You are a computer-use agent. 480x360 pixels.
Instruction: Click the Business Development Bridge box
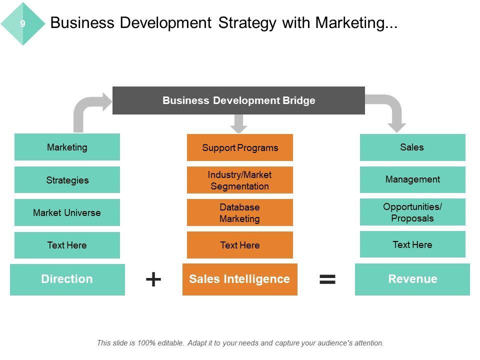(x=238, y=100)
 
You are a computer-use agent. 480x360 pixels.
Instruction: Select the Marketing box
(x=67, y=147)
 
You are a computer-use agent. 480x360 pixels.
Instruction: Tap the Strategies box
(x=67, y=180)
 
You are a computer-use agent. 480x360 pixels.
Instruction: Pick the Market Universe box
(x=67, y=212)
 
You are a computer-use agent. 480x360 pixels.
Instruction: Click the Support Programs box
(x=240, y=147)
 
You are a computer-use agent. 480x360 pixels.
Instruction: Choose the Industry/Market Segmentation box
(x=240, y=180)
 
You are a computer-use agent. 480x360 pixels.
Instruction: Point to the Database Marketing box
(x=240, y=212)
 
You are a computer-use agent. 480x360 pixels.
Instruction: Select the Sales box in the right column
(x=412, y=147)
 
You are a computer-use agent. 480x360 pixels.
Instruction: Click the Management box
(x=412, y=179)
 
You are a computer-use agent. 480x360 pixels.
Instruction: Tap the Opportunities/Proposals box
(x=412, y=212)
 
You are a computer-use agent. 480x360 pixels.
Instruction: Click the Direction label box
(x=67, y=279)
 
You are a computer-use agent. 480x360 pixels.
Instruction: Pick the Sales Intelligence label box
(x=240, y=279)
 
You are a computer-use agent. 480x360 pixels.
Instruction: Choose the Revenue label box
(x=412, y=279)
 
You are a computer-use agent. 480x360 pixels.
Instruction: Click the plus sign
(x=153, y=279)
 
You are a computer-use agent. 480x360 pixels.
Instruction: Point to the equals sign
(x=327, y=279)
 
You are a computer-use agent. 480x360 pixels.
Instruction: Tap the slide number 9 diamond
(x=23, y=23)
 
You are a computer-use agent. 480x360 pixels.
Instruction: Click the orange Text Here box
(x=240, y=245)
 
